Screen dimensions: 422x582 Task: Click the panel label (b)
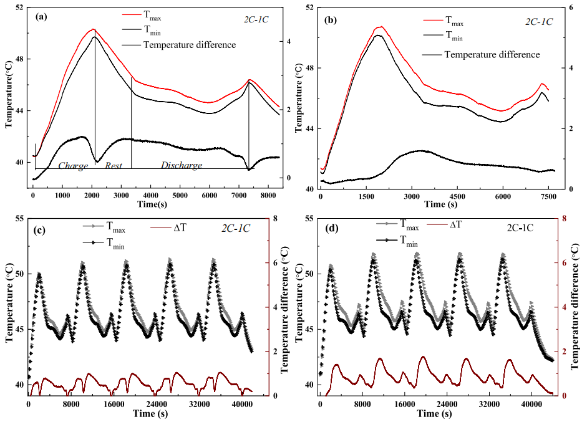coord(331,20)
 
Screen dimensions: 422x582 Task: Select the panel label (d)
coord(331,229)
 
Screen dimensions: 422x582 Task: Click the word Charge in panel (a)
coord(73,166)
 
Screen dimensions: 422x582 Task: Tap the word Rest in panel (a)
coord(113,166)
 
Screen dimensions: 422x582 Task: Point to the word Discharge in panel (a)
coord(182,166)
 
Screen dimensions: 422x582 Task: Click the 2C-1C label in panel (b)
coord(540,21)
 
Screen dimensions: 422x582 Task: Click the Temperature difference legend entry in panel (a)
coord(189,45)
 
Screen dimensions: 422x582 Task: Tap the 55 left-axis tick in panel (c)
coord(20,219)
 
